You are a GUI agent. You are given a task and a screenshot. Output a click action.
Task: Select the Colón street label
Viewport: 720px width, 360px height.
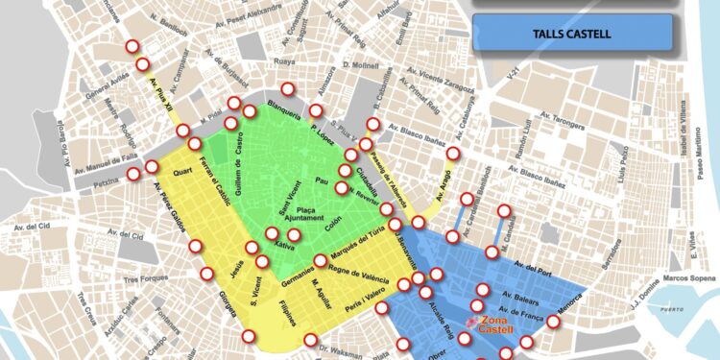pyautogui.click(x=333, y=223)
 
